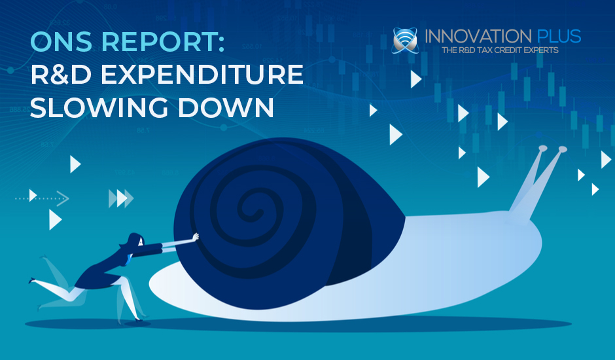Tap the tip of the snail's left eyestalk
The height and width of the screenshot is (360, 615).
[541, 149]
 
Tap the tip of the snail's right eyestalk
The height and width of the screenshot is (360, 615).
[562, 150]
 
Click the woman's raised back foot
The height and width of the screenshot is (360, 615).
[32, 281]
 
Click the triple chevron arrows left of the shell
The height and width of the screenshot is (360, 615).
[121, 198]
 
